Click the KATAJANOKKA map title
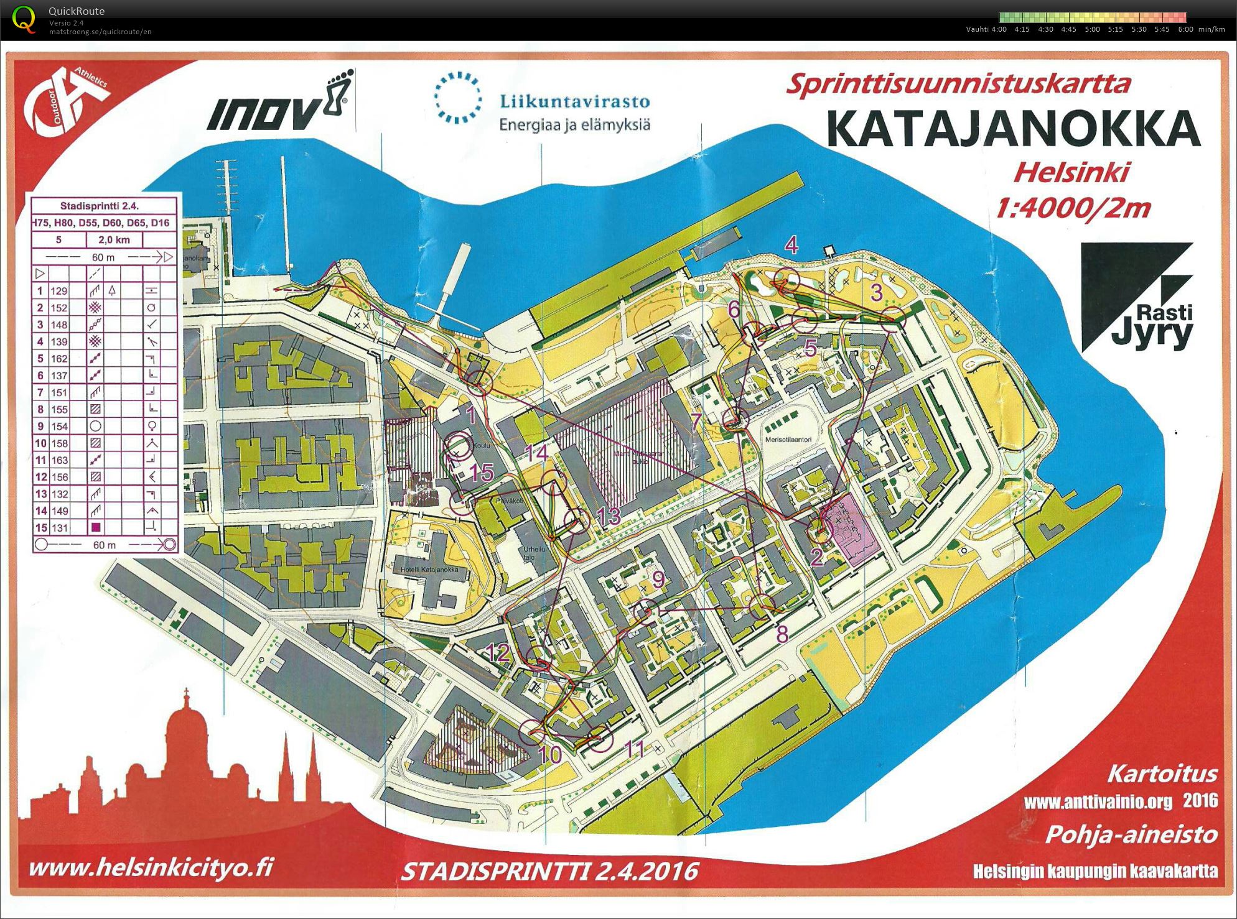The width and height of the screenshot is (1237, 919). [1012, 128]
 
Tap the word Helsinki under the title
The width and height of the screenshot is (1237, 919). [1071, 172]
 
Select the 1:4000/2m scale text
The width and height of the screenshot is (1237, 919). [1073, 208]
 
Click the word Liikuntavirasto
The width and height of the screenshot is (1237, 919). [574, 101]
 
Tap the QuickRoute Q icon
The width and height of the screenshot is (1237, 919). [24, 19]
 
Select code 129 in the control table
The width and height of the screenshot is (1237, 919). [59, 291]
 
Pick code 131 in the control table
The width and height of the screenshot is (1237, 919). [59, 528]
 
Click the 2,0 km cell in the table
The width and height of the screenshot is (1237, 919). [113, 240]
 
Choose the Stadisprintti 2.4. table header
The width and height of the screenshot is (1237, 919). [100, 206]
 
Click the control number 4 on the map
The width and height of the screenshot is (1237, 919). [791, 245]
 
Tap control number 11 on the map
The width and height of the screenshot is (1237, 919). [635, 749]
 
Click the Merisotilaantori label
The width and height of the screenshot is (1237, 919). [788, 440]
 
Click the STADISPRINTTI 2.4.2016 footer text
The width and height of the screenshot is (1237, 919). [549, 871]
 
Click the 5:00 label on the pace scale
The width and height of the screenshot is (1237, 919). [1092, 29]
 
